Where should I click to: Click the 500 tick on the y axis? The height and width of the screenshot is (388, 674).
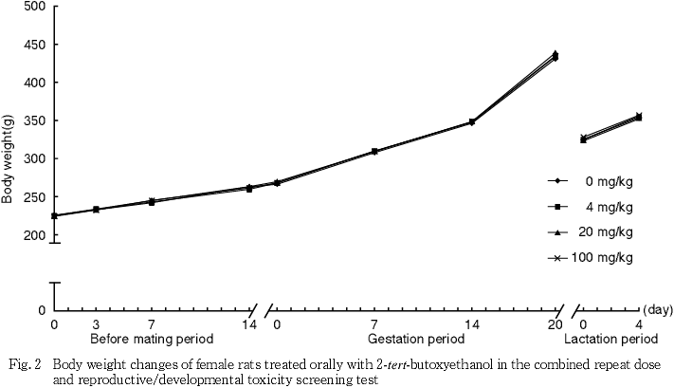tap(34, 7)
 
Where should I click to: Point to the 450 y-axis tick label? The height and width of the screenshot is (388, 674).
tap(34, 45)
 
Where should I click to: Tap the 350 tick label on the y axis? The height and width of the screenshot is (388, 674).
tap(34, 120)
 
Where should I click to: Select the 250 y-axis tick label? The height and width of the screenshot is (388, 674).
tap(34, 196)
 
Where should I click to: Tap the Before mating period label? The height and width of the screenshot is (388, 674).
tap(152, 339)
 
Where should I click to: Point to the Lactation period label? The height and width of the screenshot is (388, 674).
tap(610, 339)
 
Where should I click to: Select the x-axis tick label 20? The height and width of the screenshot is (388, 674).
tap(556, 324)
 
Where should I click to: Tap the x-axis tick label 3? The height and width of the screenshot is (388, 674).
tap(97, 324)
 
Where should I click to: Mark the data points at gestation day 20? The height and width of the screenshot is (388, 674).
tap(555, 56)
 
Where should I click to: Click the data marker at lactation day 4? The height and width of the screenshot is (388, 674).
tap(639, 117)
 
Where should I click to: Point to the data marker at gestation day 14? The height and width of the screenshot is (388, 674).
tap(471, 122)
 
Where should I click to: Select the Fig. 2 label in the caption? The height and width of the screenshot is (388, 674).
tap(20, 364)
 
